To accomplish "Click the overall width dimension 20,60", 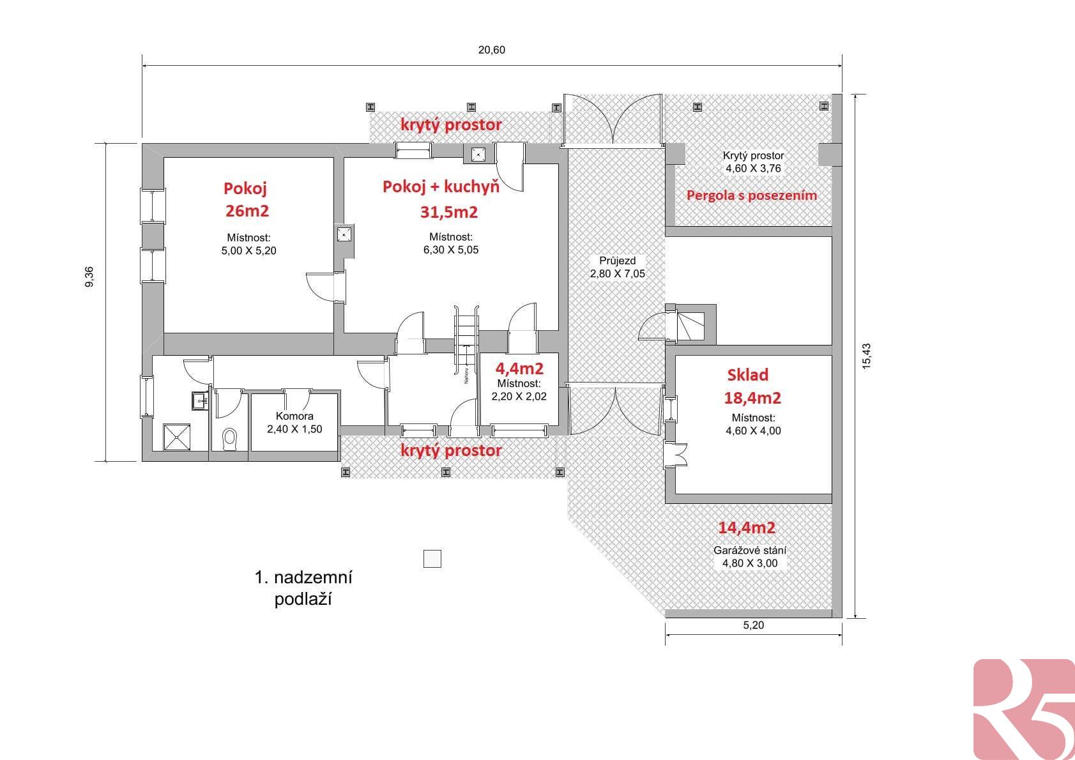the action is [x=491, y=50].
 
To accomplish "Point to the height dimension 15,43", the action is [x=866, y=356].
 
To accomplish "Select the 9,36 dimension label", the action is [x=89, y=277].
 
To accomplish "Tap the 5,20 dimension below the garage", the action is [x=753, y=625].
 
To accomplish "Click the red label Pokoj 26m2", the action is [x=246, y=199].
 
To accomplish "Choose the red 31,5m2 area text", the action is [x=449, y=211].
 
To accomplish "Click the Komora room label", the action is [x=294, y=416].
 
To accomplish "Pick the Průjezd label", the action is [x=617, y=261].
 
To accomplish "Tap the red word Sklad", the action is [x=748, y=375].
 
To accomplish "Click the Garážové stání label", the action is [x=750, y=551].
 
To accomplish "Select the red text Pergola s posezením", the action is [x=752, y=195].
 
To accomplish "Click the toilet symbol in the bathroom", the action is [x=230, y=439].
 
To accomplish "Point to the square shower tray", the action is [x=177, y=437].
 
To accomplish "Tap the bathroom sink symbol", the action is [x=200, y=400].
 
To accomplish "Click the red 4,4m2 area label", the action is [x=519, y=369].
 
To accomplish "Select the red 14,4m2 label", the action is [x=747, y=528].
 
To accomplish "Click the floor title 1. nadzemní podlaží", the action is [x=303, y=588].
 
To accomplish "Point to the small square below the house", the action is [x=432, y=558].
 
